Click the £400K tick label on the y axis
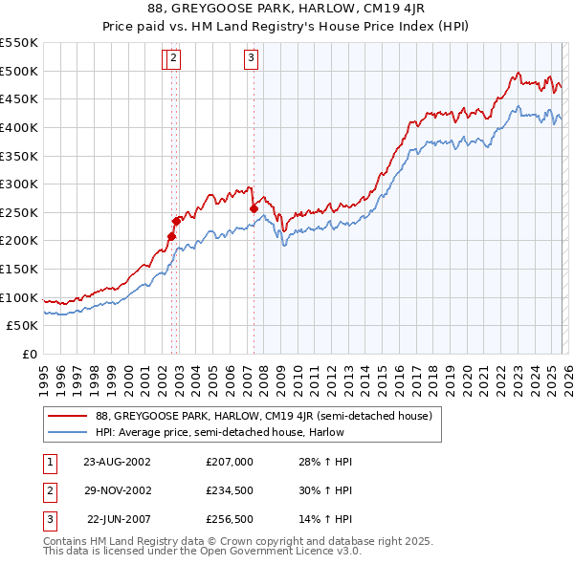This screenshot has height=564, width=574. coord(19,127)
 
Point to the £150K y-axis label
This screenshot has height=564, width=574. coord(19,269)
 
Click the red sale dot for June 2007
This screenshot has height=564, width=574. coord(254,208)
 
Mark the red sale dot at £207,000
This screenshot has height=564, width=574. coord(172,236)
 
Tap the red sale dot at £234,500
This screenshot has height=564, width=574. coord(177,221)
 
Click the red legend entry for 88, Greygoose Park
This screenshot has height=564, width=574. coord(264,416)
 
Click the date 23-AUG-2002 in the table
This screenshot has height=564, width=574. coord(118,461)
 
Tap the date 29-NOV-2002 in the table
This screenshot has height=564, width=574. coord(118,489)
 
